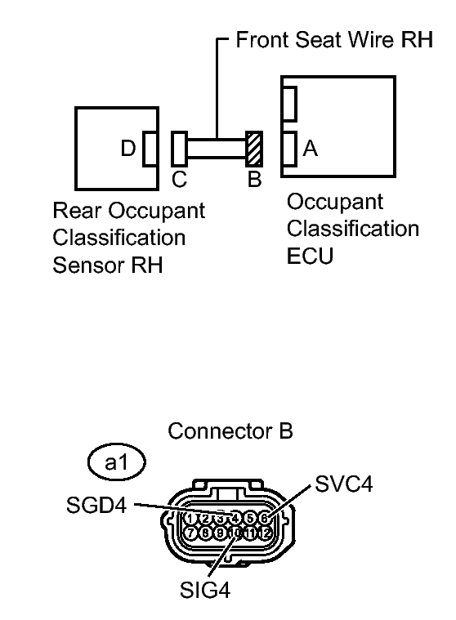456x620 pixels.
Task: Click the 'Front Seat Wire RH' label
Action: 333,42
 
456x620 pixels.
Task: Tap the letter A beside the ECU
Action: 310,149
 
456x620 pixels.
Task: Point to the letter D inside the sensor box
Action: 127,149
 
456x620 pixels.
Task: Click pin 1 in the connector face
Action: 190,518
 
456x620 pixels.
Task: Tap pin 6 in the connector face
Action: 264,518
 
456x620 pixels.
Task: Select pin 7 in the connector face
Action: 190,533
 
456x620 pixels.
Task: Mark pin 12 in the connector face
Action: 264,533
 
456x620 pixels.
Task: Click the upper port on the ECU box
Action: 288,103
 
